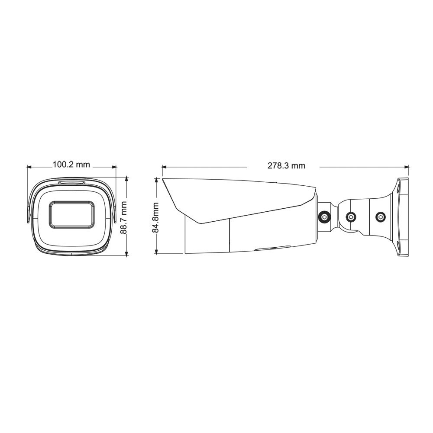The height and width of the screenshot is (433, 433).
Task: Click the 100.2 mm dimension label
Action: coord(71,165)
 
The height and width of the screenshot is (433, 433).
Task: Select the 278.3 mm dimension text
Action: coord(286,166)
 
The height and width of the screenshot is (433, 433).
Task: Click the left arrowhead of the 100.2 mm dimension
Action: coord(29,166)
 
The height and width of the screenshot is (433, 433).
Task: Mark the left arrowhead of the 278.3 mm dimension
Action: coord(164,166)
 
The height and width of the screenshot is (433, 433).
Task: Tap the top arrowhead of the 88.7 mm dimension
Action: coord(126,178)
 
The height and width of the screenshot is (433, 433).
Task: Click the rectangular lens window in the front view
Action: coord(71,214)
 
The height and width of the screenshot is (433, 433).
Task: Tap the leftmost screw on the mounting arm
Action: coord(323,216)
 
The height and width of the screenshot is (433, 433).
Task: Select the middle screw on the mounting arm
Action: coord(351,216)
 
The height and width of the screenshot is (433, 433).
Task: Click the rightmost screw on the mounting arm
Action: coord(380,216)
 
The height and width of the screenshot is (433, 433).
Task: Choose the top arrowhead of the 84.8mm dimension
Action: coord(157,179)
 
